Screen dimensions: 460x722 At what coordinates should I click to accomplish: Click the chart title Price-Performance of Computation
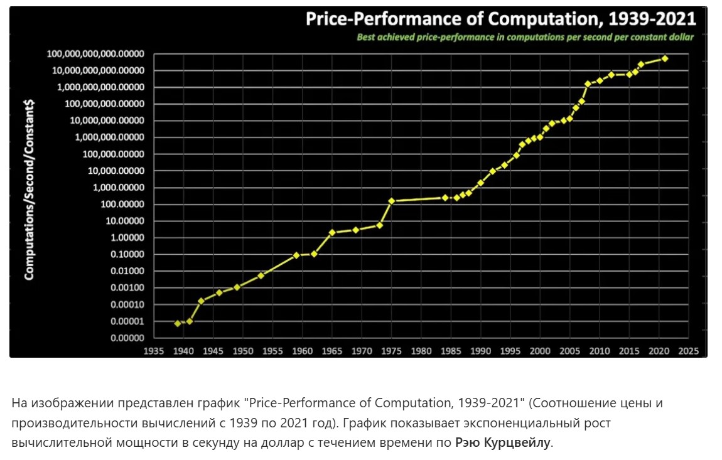(500, 19)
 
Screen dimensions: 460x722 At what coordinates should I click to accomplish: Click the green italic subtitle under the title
(525, 37)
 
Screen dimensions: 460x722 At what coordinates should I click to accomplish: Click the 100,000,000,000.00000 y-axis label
(95, 54)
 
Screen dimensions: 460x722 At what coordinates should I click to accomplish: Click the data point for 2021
(665, 58)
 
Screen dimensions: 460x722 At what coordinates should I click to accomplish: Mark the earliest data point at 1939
(178, 323)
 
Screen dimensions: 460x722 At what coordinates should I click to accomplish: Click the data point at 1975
(392, 201)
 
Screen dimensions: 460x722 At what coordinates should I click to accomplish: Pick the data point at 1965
(332, 232)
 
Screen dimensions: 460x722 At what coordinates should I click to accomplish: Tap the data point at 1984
(445, 197)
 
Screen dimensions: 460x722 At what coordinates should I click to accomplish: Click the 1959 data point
(296, 255)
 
